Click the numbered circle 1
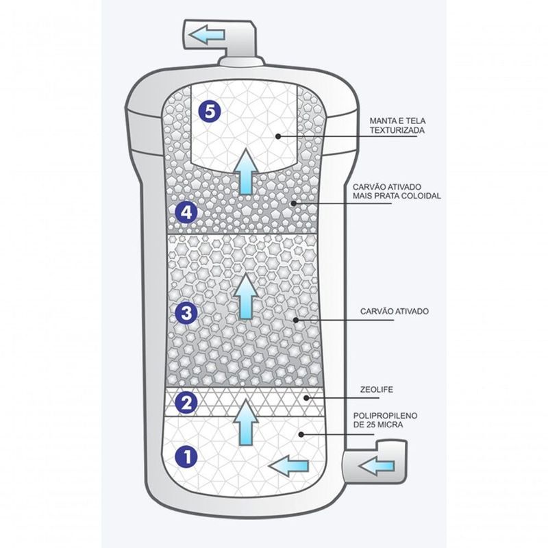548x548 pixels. tap(187, 456)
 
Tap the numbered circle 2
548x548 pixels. tap(187, 401)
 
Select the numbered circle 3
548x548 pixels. tap(187, 314)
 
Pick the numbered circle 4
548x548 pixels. tap(187, 212)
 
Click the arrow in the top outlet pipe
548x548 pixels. tap(208, 35)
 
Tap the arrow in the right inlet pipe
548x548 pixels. tap(375, 466)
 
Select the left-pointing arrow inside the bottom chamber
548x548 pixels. tap(287, 466)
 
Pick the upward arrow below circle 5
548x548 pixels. tap(245, 173)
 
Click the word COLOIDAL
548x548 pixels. tap(423, 195)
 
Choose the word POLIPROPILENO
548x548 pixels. tap(386, 416)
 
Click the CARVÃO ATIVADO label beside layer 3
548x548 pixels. tap(394, 310)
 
